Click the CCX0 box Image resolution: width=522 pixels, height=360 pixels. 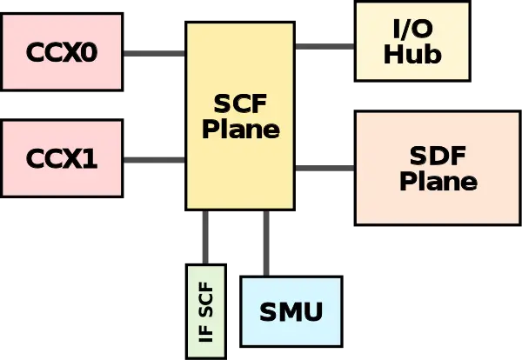(x=61, y=51)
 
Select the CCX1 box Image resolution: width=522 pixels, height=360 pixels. (x=61, y=159)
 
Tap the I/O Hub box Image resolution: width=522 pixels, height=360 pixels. (x=412, y=41)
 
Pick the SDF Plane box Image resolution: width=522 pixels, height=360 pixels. (x=438, y=168)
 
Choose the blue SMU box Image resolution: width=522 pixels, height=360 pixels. (x=291, y=311)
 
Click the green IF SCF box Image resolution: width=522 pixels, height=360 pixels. (x=206, y=310)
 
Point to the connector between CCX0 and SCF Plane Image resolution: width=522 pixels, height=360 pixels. (x=153, y=56)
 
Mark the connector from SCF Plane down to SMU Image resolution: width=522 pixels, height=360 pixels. (x=264, y=243)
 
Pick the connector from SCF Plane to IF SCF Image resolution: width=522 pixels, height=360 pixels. (x=205, y=237)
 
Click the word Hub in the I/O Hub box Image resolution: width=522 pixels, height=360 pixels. (x=412, y=55)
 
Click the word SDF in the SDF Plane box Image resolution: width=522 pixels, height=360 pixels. (x=438, y=157)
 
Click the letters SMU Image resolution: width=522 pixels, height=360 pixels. (x=291, y=311)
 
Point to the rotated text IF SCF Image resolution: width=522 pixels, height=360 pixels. (x=206, y=310)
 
